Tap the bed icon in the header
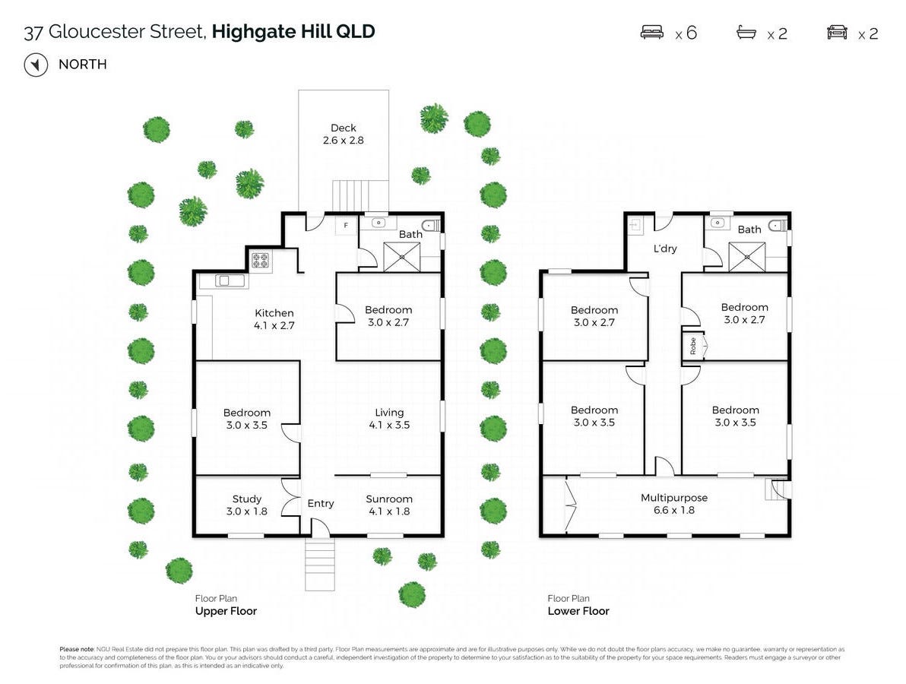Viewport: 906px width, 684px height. coord(652,33)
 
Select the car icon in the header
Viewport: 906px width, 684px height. coord(837,33)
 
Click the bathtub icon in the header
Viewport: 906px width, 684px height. coord(746,33)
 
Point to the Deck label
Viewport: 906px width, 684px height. coord(344,128)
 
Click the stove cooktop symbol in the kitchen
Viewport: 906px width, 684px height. coord(261,261)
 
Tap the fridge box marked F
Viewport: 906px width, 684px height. coord(346,226)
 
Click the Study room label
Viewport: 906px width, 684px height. coord(247,499)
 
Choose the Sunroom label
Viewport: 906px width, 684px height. coord(389,499)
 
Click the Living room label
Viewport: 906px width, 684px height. coord(389,413)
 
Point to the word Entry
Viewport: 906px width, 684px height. coord(321,503)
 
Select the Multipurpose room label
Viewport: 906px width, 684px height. coord(674,498)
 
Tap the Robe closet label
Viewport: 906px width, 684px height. coord(692,347)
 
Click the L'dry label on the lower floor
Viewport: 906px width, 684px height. coord(665,249)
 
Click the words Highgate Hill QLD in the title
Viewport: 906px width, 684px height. coord(293,32)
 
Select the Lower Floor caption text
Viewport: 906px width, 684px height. coord(578,611)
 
